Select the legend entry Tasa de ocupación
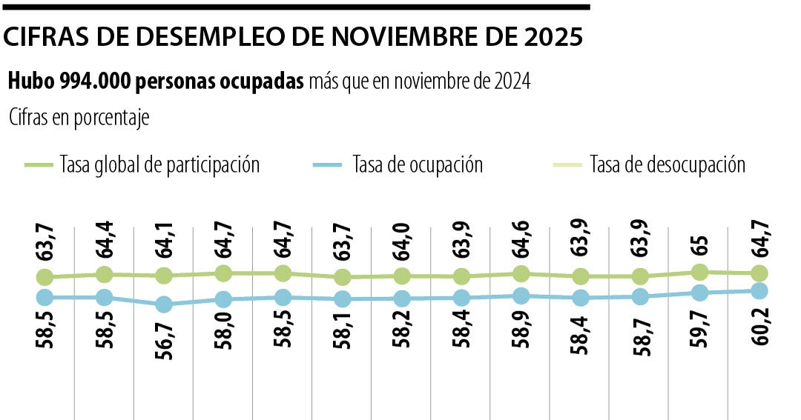click(417, 164)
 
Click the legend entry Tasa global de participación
click(159, 164)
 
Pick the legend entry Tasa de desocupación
click(667, 164)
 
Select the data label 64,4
click(105, 236)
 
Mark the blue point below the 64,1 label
click(165, 304)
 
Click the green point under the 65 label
click(699, 272)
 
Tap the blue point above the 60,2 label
click(759, 291)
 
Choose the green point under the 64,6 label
click(521, 273)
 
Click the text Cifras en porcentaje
click(79, 118)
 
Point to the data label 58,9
click(521, 329)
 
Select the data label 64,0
click(402, 236)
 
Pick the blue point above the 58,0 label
click(224, 299)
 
